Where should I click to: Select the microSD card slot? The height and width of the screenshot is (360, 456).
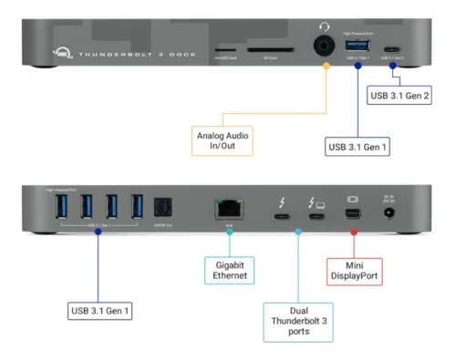pyautogui.click(x=223, y=51)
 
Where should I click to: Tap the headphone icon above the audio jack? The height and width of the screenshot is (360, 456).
pyautogui.click(x=324, y=27)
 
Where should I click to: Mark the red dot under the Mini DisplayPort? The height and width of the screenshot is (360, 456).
pyautogui.click(x=353, y=233)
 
